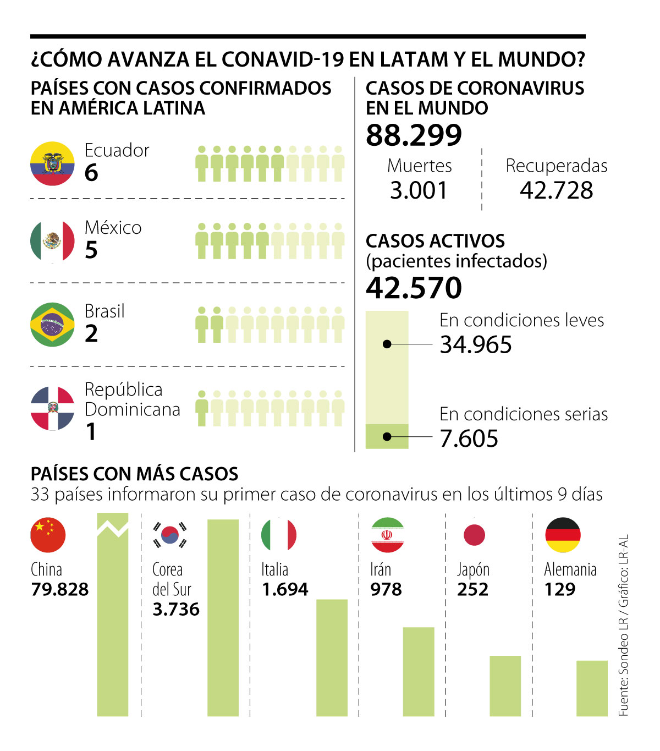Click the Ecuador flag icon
click(52, 163)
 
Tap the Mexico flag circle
click(52, 241)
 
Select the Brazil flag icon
click(52, 324)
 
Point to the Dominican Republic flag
click(52, 408)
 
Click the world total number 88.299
click(414, 135)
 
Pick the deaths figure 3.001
click(419, 190)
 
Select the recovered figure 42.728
click(556, 190)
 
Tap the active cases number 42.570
click(414, 288)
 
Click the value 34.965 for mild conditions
click(476, 345)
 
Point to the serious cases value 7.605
click(469, 438)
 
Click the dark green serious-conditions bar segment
click(387, 436)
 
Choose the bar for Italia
click(332, 657)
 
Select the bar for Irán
click(419, 671)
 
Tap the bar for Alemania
click(592, 688)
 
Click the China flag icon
click(48, 535)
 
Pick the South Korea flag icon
click(170, 535)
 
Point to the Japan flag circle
click(474, 535)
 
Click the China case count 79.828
click(59, 589)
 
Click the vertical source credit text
click(623, 624)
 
